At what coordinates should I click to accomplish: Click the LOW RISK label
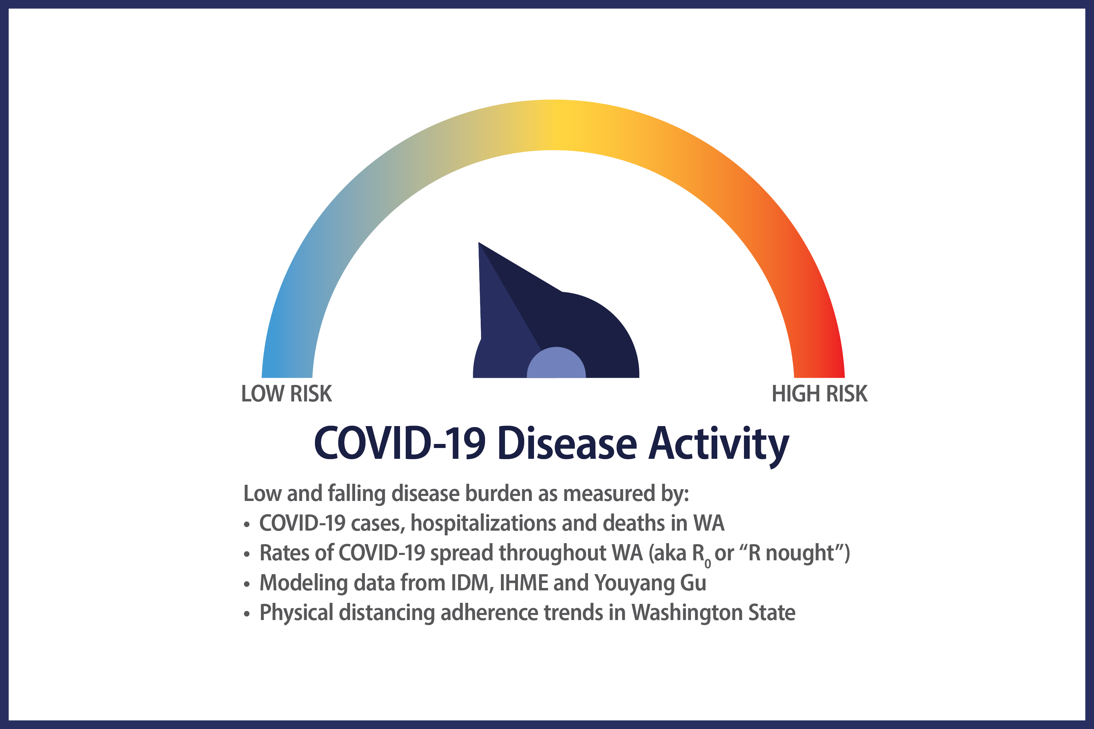(x=287, y=394)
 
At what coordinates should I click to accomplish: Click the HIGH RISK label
(x=820, y=394)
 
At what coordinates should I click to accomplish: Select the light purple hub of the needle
(x=556, y=363)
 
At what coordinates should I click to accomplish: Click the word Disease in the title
(x=567, y=443)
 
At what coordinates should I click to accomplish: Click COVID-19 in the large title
(x=400, y=443)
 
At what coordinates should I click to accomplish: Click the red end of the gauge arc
(x=819, y=367)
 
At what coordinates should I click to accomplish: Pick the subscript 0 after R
(x=708, y=563)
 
